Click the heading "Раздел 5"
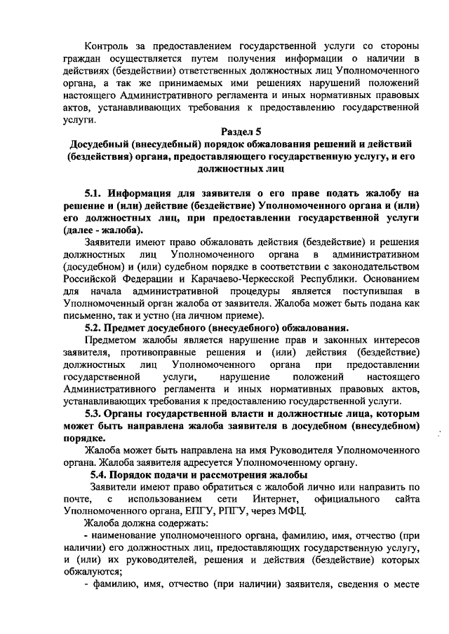tap(241, 131)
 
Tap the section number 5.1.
tap(95, 193)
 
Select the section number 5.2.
tap(95, 328)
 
